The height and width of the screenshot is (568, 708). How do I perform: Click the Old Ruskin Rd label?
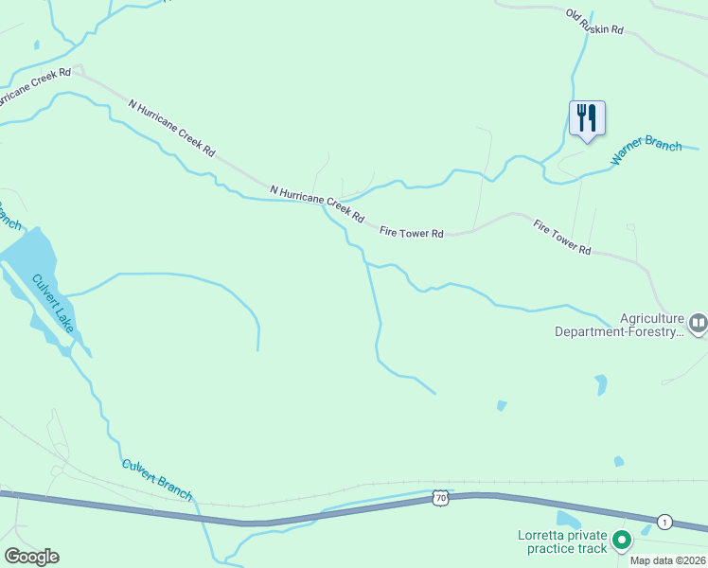(594, 22)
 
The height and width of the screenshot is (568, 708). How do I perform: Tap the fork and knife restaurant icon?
(587, 118)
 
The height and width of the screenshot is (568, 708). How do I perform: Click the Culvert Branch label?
(157, 480)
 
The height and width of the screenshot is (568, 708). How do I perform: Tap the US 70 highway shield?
(440, 497)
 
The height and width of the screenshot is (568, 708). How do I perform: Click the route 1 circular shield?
(665, 522)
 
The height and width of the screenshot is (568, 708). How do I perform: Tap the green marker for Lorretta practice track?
(622, 541)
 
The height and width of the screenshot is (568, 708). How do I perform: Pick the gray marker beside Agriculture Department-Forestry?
(698, 325)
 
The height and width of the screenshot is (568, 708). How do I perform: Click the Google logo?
(31, 557)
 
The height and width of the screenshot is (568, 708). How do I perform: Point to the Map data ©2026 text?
(667, 559)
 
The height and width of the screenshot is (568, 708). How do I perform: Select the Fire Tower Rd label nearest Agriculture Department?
(562, 237)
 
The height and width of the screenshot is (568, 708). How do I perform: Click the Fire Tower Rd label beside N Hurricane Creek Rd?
(411, 232)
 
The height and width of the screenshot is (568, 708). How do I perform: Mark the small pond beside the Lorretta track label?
(567, 519)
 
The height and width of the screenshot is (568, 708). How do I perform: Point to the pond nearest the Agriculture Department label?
(600, 384)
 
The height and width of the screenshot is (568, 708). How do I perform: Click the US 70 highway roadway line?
(284, 520)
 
